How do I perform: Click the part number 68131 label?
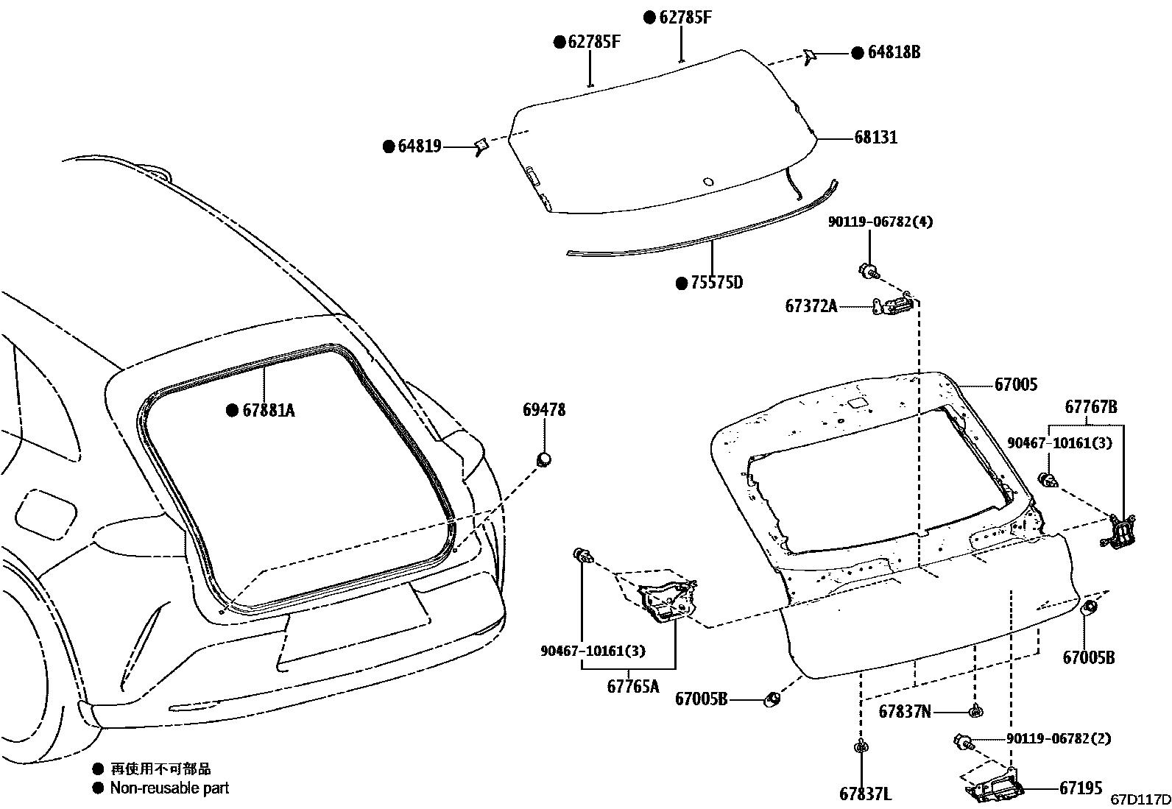coord(875,138)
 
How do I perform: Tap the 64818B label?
coord(893,52)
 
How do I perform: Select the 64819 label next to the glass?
coord(419,146)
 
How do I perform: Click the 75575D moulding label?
coord(717,283)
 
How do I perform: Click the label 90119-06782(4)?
coord(880,222)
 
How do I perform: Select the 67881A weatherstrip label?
coord(268,410)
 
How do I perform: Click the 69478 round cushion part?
coord(544,459)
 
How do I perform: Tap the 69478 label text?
coord(544,410)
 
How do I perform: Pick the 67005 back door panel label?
coord(1015,384)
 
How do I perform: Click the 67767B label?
coord(1091,407)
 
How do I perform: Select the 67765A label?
coord(632,687)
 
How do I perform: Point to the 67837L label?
coord(865,794)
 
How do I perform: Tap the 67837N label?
coord(905,711)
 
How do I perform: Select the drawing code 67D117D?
coord(1140,799)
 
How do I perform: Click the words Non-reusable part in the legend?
coord(169,788)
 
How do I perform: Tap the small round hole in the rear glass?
coord(708,182)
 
